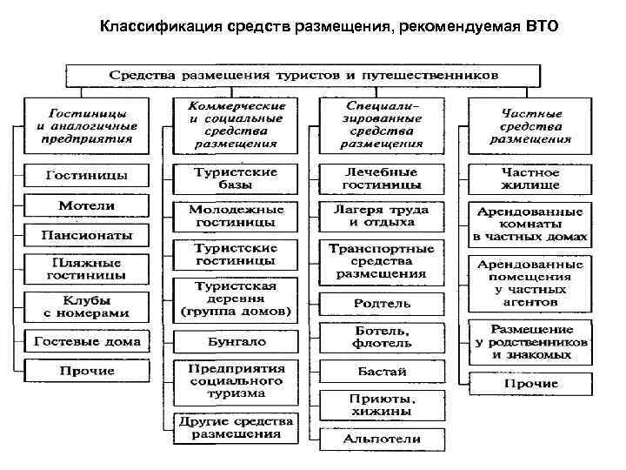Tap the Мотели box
coord(86,205)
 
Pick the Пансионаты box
coord(84,235)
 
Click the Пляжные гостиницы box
coord(86,268)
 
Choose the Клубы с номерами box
coord(86,305)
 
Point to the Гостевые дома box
coord(86,341)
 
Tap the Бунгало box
coord(236,341)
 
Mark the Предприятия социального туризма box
coord(236,379)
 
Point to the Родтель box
coord(382,304)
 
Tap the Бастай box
coord(382,371)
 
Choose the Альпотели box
coord(382,440)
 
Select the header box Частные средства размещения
coord(529,126)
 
